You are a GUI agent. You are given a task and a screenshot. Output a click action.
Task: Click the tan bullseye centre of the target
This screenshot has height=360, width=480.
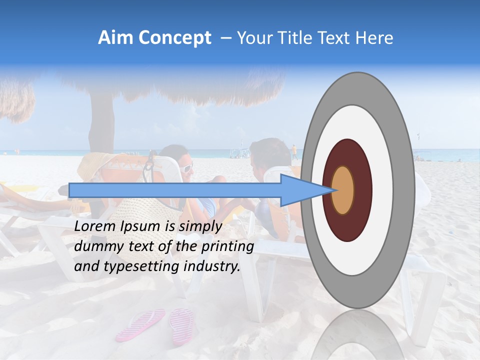[343, 190]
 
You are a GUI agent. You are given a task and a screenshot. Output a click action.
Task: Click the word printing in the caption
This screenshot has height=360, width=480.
[230, 246]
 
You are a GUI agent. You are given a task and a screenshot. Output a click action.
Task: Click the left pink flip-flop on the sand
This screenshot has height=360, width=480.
[141, 324]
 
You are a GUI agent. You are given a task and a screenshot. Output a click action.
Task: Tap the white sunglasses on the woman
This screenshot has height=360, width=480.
[186, 167]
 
